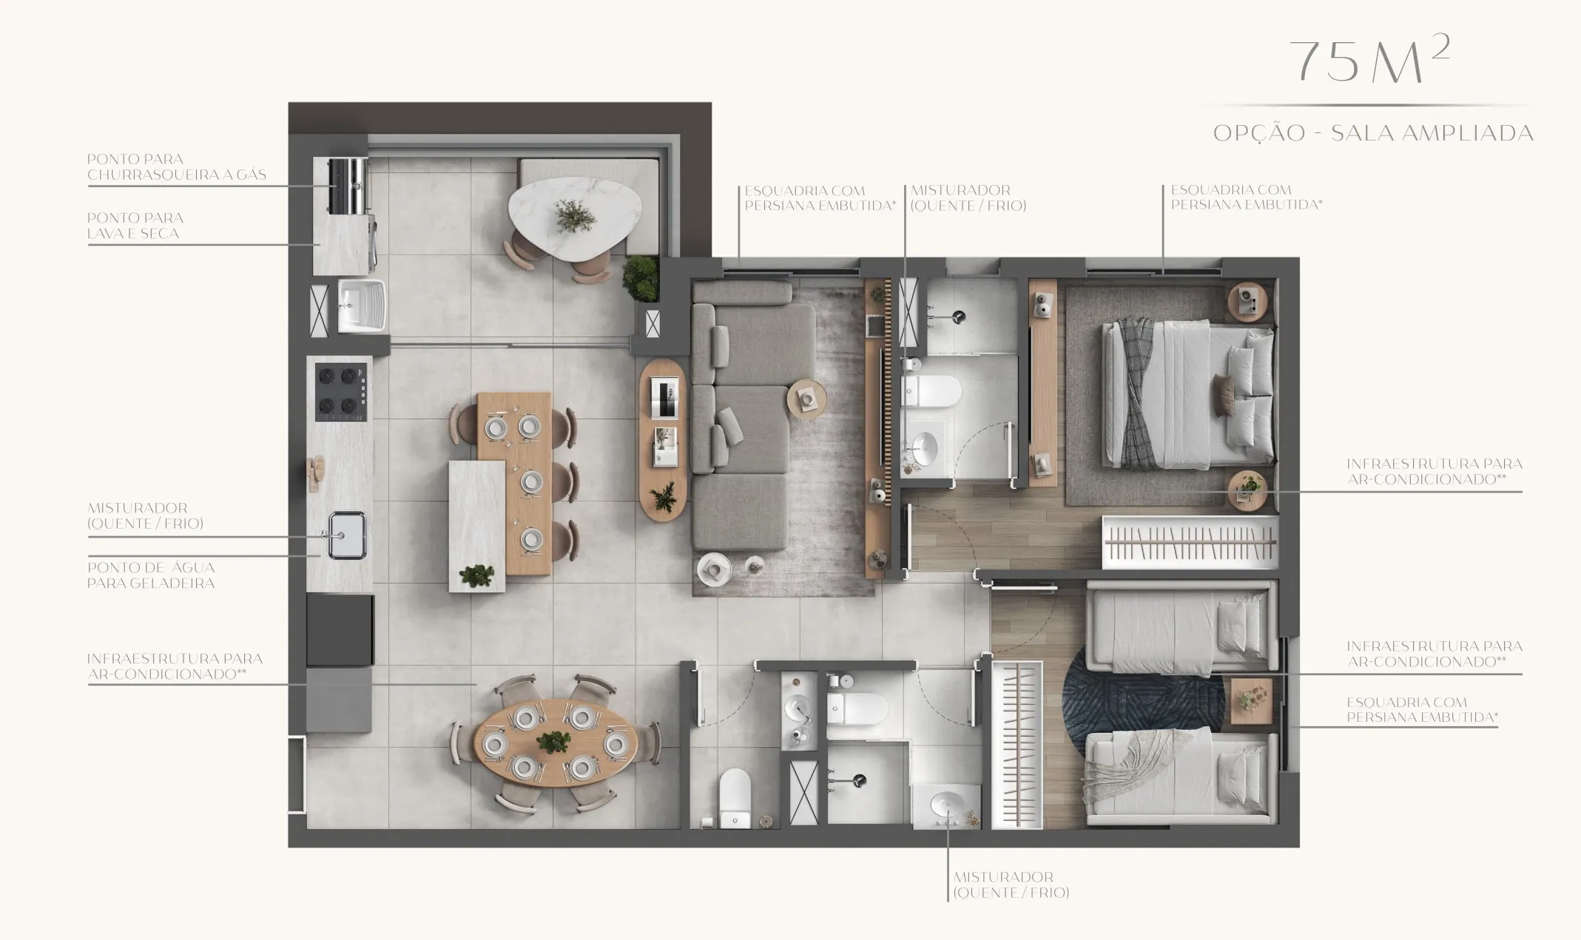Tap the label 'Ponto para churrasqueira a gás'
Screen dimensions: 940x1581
[176, 167]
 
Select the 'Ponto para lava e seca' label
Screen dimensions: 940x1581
[135, 226]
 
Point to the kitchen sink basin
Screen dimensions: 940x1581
[346, 535]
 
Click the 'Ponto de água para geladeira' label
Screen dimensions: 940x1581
[151, 575]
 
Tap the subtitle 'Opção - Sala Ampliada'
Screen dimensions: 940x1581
[1373, 133]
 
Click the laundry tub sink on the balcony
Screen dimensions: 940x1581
[361, 305]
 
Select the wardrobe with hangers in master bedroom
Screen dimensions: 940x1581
[1190, 542]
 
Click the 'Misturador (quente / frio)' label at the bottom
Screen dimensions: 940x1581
[1011, 885]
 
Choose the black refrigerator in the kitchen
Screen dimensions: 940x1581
[340, 629]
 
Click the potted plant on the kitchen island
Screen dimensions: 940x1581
[476, 575]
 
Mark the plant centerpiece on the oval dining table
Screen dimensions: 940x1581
[553, 741]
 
